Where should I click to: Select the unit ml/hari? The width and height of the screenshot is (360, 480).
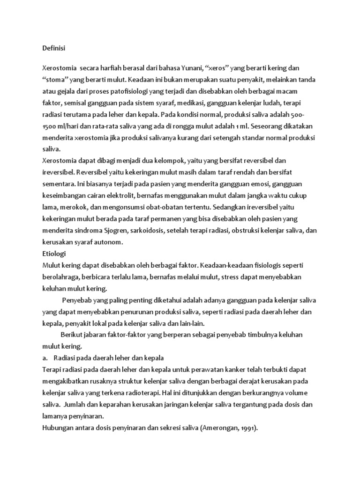(67, 126)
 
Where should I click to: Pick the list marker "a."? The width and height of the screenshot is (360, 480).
(45, 358)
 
